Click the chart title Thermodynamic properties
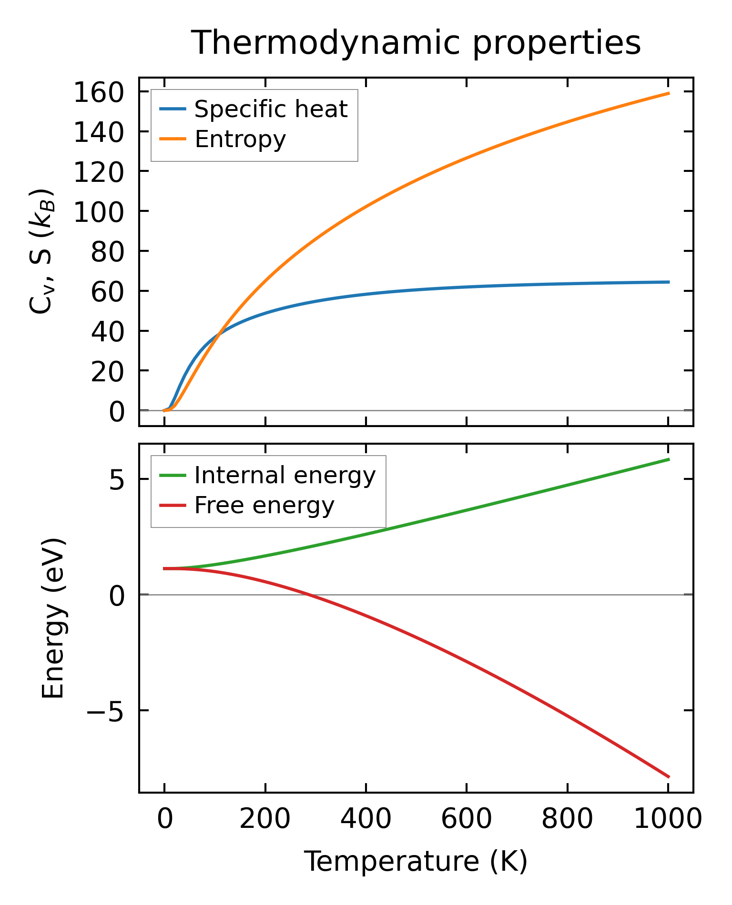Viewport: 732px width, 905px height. click(416, 43)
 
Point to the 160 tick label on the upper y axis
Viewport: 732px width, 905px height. click(98, 92)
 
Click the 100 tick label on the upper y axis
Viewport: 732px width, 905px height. click(98, 211)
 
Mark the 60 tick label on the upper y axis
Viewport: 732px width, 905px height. click(107, 291)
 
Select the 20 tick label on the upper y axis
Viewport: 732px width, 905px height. click(107, 371)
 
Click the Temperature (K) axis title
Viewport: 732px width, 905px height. click(416, 862)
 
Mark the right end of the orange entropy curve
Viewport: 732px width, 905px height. click(669, 93)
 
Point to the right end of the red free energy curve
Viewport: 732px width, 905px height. click(669, 777)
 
